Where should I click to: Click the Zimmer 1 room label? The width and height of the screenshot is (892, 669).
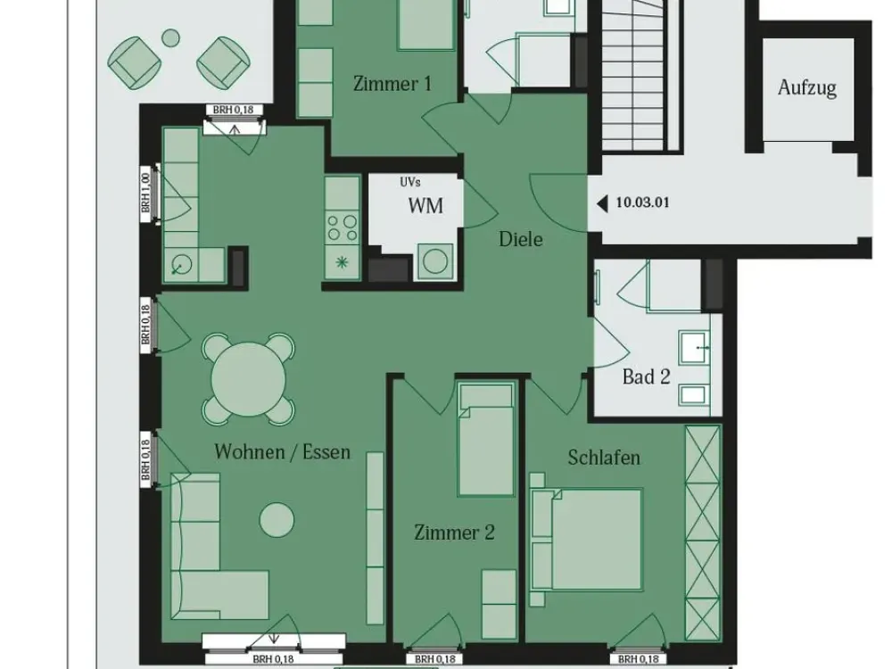pyautogui.click(x=392, y=84)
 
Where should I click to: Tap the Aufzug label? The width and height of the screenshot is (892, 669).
pyautogui.click(x=807, y=87)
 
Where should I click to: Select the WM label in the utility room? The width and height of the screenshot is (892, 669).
pyautogui.click(x=425, y=205)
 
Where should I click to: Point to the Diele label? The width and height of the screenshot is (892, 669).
pyautogui.click(x=521, y=239)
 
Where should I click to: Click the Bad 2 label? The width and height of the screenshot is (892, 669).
pyautogui.click(x=646, y=376)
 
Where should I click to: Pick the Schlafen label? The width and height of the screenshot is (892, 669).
pyautogui.click(x=604, y=458)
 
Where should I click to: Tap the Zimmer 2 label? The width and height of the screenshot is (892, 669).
pyautogui.click(x=454, y=533)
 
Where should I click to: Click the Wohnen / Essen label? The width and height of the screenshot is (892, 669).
pyautogui.click(x=282, y=451)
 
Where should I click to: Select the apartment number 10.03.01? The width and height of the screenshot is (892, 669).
pyautogui.click(x=643, y=202)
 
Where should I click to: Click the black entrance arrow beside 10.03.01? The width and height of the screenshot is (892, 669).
pyautogui.click(x=602, y=202)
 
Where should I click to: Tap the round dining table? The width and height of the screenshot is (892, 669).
pyautogui.click(x=249, y=377)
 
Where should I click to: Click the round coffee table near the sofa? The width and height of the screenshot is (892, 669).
pyautogui.click(x=277, y=519)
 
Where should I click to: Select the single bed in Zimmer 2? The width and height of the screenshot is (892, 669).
pyautogui.click(x=486, y=440)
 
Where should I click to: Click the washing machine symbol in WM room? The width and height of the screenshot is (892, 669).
pyautogui.click(x=435, y=261)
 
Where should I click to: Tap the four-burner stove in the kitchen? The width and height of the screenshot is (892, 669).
pyautogui.click(x=343, y=227)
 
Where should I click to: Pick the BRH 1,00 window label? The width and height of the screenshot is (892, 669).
pyautogui.click(x=146, y=193)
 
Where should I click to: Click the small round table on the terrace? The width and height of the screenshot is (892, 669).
pyautogui.click(x=170, y=38)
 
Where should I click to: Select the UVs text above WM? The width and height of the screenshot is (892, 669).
pyautogui.click(x=409, y=182)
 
